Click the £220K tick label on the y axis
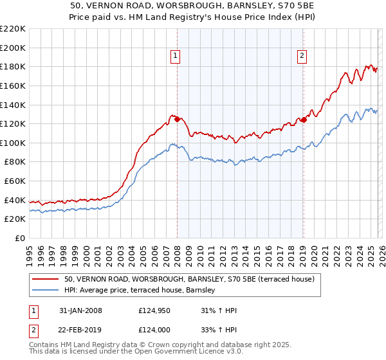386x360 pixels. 13,29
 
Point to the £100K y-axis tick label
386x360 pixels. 13,143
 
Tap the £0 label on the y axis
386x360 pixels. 20,239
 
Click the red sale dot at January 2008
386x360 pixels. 177,118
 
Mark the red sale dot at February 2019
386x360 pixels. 303,120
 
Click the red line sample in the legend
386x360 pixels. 45,279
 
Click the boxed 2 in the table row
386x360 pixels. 33,331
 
